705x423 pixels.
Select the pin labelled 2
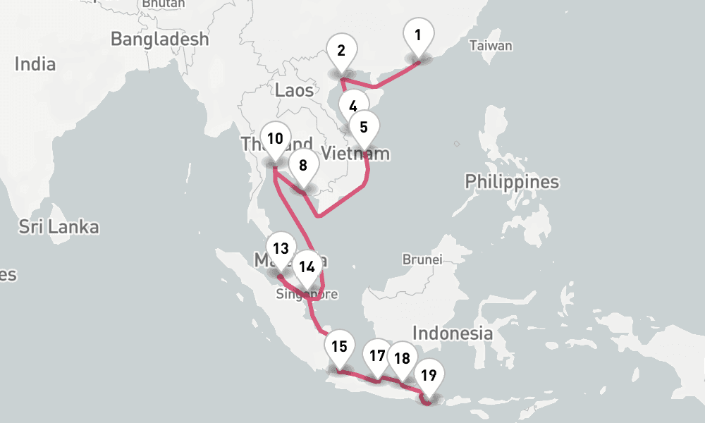point(342,51)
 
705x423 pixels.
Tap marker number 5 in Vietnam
point(364,128)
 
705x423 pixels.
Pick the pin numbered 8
point(303,166)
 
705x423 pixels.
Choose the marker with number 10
point(275,139)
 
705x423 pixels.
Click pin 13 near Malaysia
point(281,249)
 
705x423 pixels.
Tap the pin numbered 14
point(307,267)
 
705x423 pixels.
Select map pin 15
point(339,347)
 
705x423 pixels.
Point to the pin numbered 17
point(377,356)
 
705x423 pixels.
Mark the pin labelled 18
point(402,359)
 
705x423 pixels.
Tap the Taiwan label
point(491,46)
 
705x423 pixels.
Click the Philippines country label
point(511,182)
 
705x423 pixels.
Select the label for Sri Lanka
point(59,227)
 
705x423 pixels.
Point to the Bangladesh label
point(160,39)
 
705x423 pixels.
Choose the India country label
point(35,64)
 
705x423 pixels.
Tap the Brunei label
point(422,259)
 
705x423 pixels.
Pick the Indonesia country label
point(452,333)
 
